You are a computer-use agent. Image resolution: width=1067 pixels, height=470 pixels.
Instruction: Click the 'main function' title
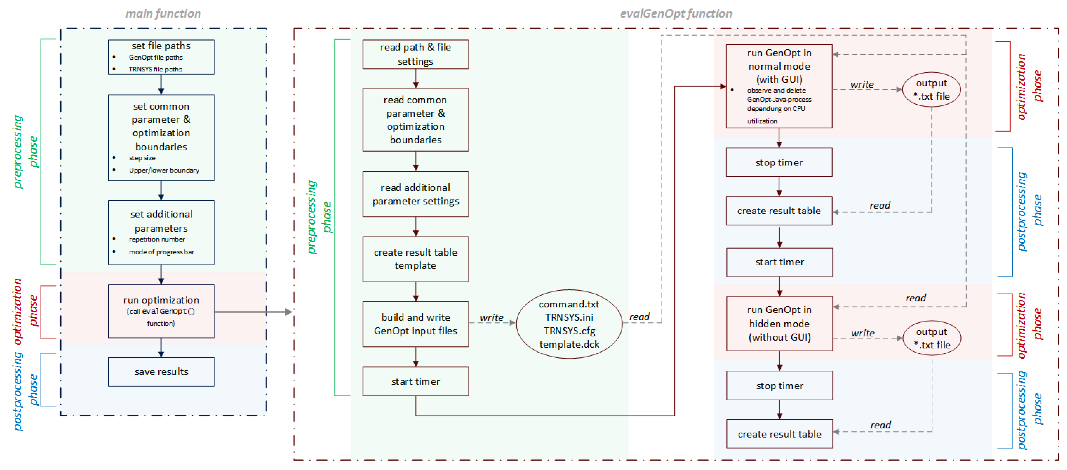pos(163,14)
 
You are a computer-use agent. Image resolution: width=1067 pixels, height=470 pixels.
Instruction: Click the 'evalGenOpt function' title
pos(676,14)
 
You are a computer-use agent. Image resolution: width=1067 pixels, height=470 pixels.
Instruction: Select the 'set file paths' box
pos(161,57)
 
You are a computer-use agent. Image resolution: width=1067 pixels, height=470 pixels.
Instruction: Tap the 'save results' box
pos(161,371)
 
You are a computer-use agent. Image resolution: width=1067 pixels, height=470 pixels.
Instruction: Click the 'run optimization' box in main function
pos(161,311)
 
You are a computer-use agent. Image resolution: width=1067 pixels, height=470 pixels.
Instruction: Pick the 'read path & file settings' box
pos(416,54)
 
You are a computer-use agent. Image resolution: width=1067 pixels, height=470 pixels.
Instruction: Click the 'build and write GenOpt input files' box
pos(416,324)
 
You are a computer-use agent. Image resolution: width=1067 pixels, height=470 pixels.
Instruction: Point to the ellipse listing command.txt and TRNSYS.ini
pos(569,324)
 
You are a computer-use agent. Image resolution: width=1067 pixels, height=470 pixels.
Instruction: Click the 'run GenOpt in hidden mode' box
pos(779,323)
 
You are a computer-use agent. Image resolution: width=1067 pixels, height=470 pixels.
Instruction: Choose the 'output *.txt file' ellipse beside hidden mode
pos(932,338)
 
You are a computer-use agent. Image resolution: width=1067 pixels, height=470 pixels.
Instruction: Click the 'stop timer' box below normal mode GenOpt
pos(779,162)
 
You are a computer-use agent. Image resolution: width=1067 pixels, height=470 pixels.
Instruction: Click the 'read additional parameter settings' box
pos(416,194)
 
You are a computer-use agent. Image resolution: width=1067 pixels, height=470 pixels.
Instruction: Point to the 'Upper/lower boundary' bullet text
pos(164,170)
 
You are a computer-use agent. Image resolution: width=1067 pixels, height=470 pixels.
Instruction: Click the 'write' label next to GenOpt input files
pos(491,317)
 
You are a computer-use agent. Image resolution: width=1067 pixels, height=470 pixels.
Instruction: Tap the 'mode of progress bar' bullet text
pos(161,252)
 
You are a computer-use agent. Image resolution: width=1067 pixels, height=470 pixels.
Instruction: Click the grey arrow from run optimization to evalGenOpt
pos(253,312)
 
